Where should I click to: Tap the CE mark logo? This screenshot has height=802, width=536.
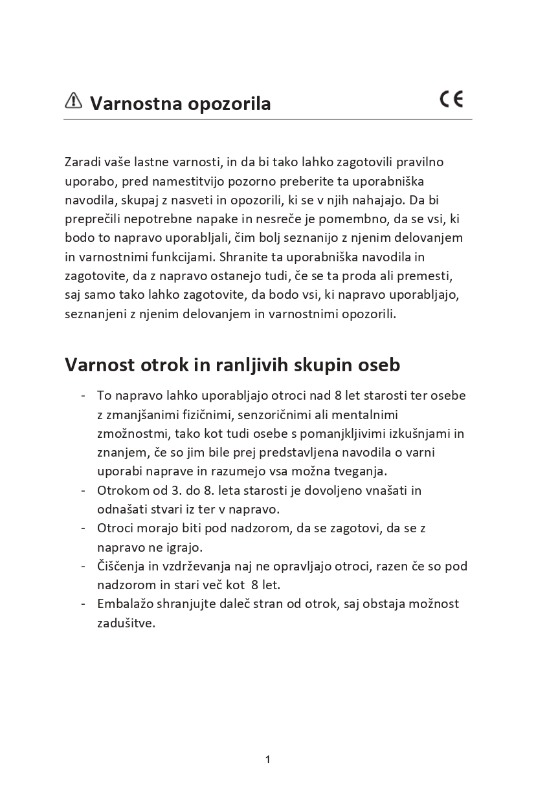pyautogui.click(x=451, y=99)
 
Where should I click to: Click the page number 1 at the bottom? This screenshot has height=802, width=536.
pyautogui.click(x=267, y=759)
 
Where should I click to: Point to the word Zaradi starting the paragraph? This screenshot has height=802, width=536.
pyautogui.click(x=82, y=162)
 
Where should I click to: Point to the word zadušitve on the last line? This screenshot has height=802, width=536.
pyautogui.click(x=126, y=623)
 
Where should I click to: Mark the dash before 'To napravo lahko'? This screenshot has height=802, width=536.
pyautogui.click(x=84, y=395)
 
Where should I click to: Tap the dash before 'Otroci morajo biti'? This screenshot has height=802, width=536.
pyautogui.click(x=84, y=528)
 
